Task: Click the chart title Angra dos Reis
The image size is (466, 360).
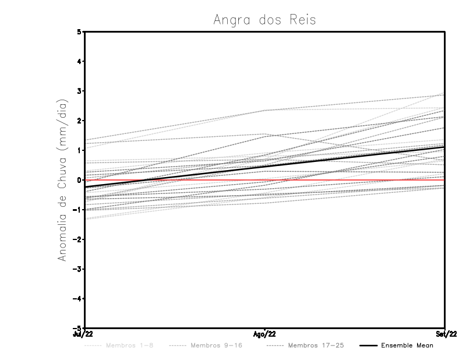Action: point(264,19)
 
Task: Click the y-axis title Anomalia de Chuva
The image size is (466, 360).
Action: point(62,180)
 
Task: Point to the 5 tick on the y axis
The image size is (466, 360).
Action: point(79,31)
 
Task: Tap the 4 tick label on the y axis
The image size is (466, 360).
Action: point(79,61)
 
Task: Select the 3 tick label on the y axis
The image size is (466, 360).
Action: point(79,91)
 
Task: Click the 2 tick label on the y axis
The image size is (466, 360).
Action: point(79,121)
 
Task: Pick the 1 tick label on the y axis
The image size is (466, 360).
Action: point(79,150)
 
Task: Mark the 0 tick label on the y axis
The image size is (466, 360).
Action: point(79,180)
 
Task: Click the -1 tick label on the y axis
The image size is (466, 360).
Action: point(78,210)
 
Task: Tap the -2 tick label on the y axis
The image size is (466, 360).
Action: point(78,239)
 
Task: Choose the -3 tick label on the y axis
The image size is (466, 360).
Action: point(78,269)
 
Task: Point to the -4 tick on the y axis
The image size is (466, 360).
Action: point(78,299)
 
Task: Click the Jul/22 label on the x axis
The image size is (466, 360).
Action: point(83,334)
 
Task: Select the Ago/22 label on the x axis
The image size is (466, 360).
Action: point(265,334)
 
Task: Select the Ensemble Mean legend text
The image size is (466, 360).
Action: point(407,345)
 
